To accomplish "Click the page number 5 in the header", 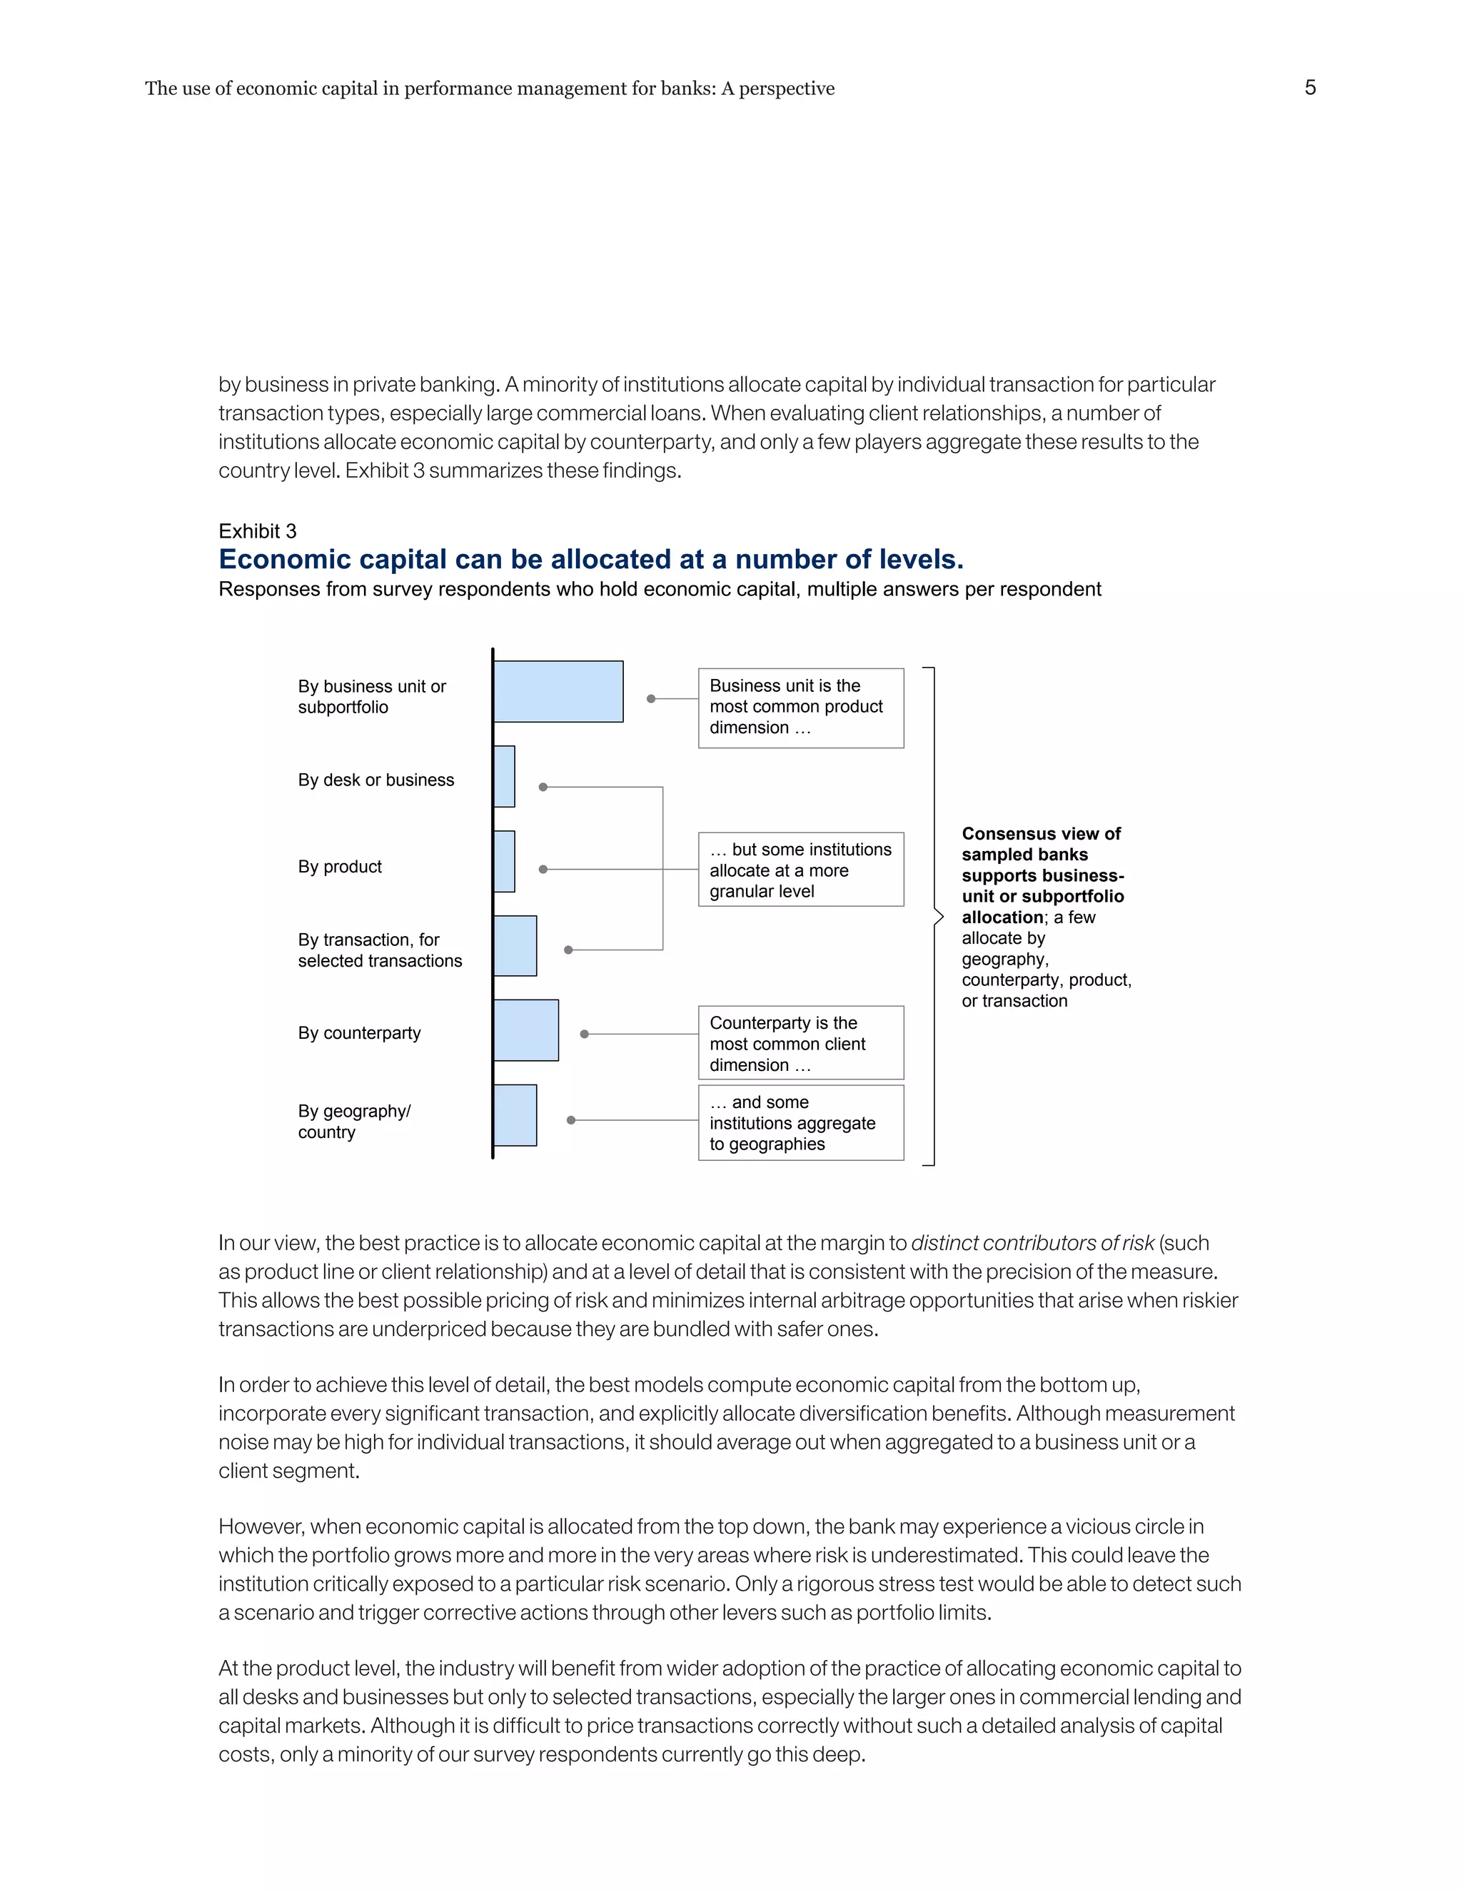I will click(x=1309, y=88).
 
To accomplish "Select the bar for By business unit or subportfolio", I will click(x=558, y=691).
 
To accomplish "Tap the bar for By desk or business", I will click(x=504, y=776).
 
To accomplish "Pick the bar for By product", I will click(x=504, y=861).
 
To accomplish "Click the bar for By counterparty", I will click(x=525, y=1030).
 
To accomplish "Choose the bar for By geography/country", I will click(x=515, y=1115).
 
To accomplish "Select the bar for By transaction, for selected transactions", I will click(x=515, y=946).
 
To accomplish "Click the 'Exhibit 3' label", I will click(x=257, y=531).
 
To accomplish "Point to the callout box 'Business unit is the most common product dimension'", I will click(x=800, y=708).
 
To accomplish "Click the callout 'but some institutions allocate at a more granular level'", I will click(x=800, y=870).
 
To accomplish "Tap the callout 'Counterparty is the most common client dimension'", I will click(x=800, y=1043).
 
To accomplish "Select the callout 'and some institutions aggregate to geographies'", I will click(x=800, y=1123).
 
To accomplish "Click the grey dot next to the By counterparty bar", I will click(x=585, y=1035).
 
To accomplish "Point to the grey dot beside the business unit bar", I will click(x=651, y=698).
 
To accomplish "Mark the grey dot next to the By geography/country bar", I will click(x=571, y=1120).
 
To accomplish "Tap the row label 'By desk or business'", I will click(x=376, y=780).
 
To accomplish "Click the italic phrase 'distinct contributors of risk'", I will click(x=1032, y=1243).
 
